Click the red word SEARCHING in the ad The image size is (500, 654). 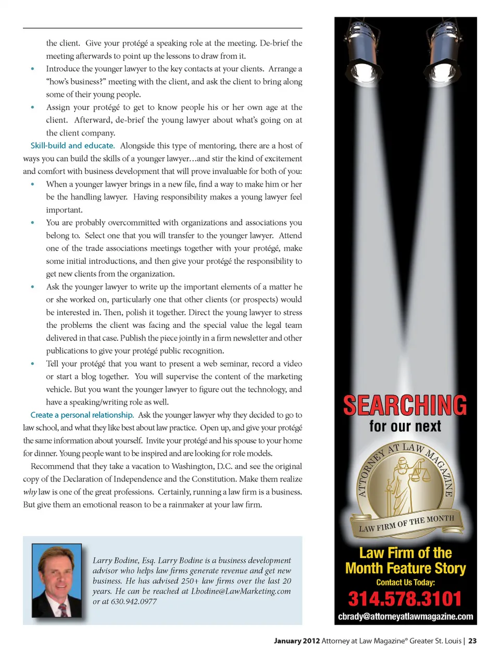click(405, 405)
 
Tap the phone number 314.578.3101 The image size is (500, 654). click(405, 599)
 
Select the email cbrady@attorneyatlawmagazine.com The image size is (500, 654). click(405, 616)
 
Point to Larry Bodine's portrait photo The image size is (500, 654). click(57, 580)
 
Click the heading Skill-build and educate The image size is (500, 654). click(72, 146)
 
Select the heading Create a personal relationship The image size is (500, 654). click(82, 415)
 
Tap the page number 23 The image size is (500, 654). click(472, 641)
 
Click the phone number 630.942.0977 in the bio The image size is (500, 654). click(134, 601)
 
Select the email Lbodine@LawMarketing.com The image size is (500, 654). click(241, 591)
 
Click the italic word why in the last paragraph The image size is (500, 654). click(30, 492)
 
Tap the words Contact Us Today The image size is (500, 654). click(405, 582)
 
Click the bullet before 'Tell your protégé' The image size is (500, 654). click(33, 364)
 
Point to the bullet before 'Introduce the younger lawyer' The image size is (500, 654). click(33, 69)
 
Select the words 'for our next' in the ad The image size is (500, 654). click(405, 427)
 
